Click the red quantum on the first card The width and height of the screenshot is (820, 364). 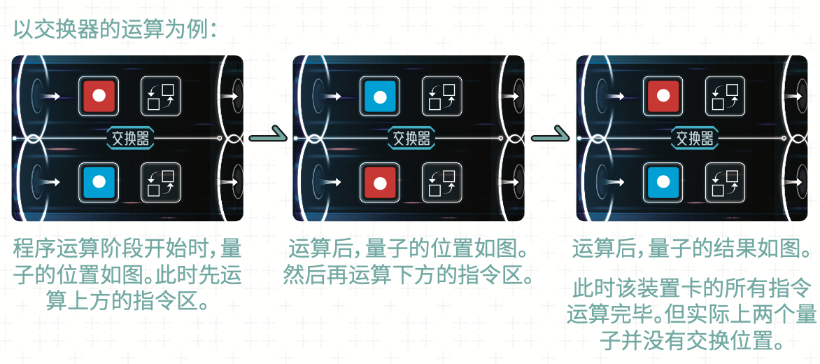pyautogui.click(x=99, y=96)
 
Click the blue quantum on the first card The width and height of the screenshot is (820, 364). pyautogui.click(x=99, y=182)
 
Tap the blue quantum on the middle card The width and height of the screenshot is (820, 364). pyautogui.click(x=380, y=96)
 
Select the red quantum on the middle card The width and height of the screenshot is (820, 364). pyautogui.click(x=380, y=182)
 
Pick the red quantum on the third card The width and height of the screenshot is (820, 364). pyautogui.click(x=663, y=96)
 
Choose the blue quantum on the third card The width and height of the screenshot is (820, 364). pyautogui.click(x=663, y=182)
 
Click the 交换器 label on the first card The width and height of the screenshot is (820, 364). pyautogui.click(x=130, y=139)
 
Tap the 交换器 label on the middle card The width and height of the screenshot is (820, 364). pyautogui.click(x=411, y=139)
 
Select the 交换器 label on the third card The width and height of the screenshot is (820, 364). pyautogui.click(x=695, y=139)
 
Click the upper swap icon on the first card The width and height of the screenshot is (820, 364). pyautogui.click(x=161, y=96)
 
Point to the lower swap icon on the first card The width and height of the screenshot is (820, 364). pyautogui.click(x=161, y=182)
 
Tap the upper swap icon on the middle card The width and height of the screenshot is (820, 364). pyautogui.click(x=442, y=96)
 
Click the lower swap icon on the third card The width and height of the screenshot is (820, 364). pyautogui.click(x=726, y=182)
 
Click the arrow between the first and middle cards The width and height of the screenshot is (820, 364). pyautogui.click(x=268, y=137)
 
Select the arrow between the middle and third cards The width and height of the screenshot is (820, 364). pyautogui.click(x=551, y=137)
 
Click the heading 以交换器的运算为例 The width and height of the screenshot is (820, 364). pyautogui.click(x=115, y=30)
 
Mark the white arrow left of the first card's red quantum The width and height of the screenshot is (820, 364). pyautogui.click(x=52, y=96)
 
